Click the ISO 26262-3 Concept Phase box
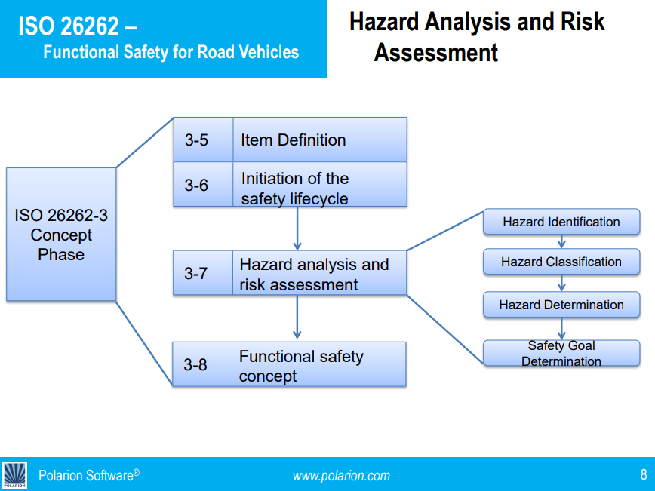[x=61, y=235]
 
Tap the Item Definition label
[x=293, y=140]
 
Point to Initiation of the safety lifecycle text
[x=295, y=189]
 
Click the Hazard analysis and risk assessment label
[x=314, y=275]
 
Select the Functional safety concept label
[x=301, y=365]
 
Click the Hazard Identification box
[x=561, y=222]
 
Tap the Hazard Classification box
[x=561, y=262]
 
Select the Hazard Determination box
[x=561, y=305]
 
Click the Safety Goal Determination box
[x=561, y=353]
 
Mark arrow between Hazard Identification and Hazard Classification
[x=561, y=241]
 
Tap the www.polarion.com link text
[x=341, y=475]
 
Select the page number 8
[x=643, y=474]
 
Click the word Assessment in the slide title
[x=436, y=53]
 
